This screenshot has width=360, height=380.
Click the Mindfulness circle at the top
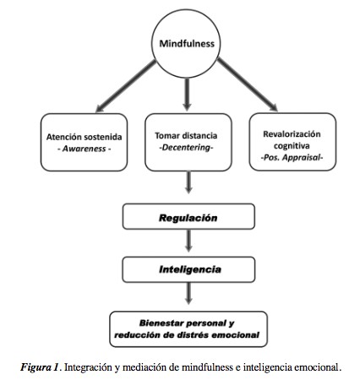point(186,43)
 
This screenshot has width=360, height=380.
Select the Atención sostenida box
point(84,143)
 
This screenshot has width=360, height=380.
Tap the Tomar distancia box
point(188,143)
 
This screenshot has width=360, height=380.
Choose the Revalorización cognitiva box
point(292,142)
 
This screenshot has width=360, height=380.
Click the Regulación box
point(188,216)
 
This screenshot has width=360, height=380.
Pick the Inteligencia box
point(188,269)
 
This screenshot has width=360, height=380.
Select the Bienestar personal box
point(188,329)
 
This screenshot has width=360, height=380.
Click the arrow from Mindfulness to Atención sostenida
point(126,86)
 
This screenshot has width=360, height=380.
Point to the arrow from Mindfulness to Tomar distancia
point(187,95)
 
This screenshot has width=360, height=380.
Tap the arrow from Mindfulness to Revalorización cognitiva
point(248,84)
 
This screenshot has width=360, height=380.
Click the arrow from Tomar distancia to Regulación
point(188,182)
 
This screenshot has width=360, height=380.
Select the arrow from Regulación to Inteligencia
point(188,241)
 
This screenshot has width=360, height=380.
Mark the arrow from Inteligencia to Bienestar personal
point(188,294)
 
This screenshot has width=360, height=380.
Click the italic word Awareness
point(84,149)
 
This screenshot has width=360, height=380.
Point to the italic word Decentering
point(186,147)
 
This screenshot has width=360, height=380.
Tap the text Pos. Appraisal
point(292,157)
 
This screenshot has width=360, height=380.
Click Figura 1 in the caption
point(40,367)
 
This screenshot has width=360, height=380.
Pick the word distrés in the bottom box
point(194,335)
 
